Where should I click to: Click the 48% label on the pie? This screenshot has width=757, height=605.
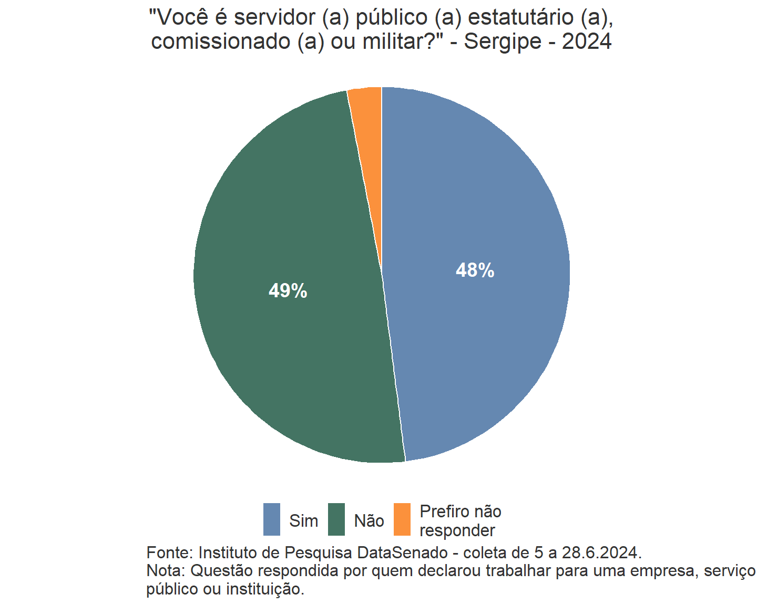[475, 270]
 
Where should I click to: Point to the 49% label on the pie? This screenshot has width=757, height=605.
[288, 290]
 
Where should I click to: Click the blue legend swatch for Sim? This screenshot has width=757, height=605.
[272, 519]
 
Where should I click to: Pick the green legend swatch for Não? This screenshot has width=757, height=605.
[336, 519]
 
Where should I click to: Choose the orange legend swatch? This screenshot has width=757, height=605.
[402, 519]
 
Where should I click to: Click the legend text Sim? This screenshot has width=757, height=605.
[303, 521]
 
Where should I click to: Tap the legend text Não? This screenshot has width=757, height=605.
[369, 521]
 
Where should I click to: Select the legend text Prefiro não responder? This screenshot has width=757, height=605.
[460, 521]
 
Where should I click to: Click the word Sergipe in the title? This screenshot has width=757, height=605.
[503, 41]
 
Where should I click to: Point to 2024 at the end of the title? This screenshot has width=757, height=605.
[586, 41]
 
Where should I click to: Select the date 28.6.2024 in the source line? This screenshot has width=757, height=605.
[602, 552]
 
